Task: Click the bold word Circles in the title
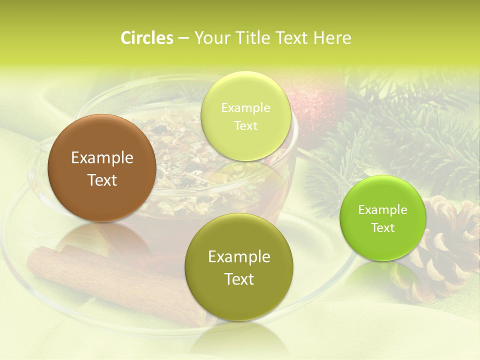pyautogui.click(x=147, y=38)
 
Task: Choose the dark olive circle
pyautogui.click(x=239, y=300)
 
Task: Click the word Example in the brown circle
pyautogui.click(x=102, y=158)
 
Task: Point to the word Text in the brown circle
pyautogui.click(x=102, y=180)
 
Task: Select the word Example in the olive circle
pyautogui.click(x=239, y=257)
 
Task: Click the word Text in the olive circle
pyautogui.click(x=239, y=279)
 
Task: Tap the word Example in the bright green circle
pyautogui.click(x=383, y=210)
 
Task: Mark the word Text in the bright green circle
pyautogui.click(x=383, y=228)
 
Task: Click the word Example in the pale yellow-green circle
pyautogui.click(x=246, y=108)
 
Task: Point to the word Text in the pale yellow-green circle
pyautogui.click(x=246, y=126)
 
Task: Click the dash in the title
pyautogui.click(x=183, y=38)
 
